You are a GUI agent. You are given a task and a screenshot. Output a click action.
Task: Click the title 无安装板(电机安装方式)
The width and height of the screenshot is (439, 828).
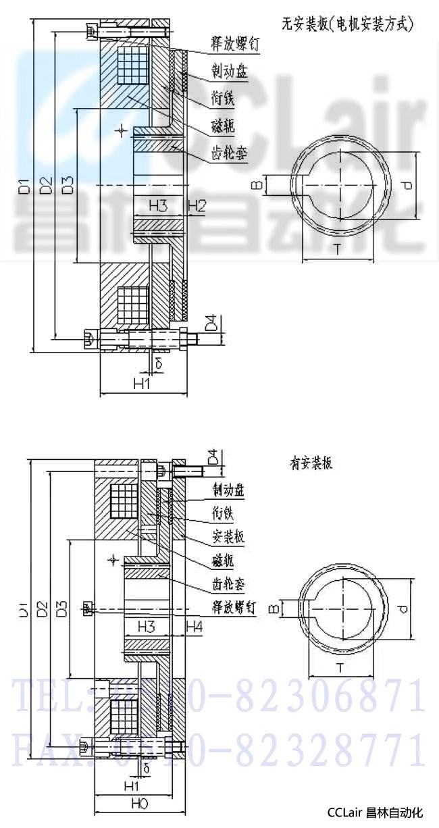point(346,25)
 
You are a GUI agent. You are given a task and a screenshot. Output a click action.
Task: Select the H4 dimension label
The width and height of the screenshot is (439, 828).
point(195,627)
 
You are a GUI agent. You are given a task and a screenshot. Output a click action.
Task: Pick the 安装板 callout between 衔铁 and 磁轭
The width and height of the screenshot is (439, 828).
point(228,536)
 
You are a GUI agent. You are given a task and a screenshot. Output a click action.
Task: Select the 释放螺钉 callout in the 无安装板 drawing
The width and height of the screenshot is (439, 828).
point(220,46)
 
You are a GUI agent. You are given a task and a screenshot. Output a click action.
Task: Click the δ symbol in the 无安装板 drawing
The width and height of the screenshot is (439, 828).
point(158,363)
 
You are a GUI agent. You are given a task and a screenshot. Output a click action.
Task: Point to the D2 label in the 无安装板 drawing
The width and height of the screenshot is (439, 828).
point(45,184)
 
